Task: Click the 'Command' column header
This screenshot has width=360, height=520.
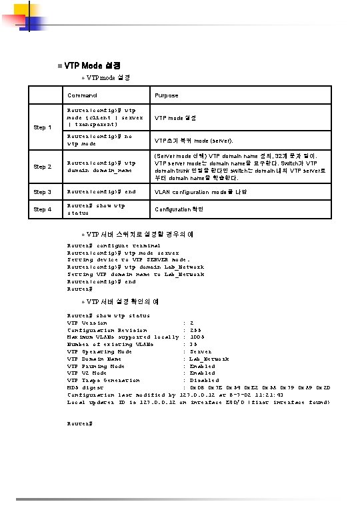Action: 81,96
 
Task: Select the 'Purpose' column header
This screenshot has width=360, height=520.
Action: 166,96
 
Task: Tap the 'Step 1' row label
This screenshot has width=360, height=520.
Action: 44,127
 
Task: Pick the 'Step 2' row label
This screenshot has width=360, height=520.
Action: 44,167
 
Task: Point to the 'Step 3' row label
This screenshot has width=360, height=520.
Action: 44,192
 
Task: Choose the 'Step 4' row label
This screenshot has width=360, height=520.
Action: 44,209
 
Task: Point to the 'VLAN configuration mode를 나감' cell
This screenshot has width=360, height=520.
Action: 201,192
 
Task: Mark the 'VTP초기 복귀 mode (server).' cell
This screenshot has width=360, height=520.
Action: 193,141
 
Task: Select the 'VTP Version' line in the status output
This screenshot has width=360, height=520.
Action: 87,323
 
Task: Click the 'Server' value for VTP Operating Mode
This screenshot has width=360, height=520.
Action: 201,351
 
